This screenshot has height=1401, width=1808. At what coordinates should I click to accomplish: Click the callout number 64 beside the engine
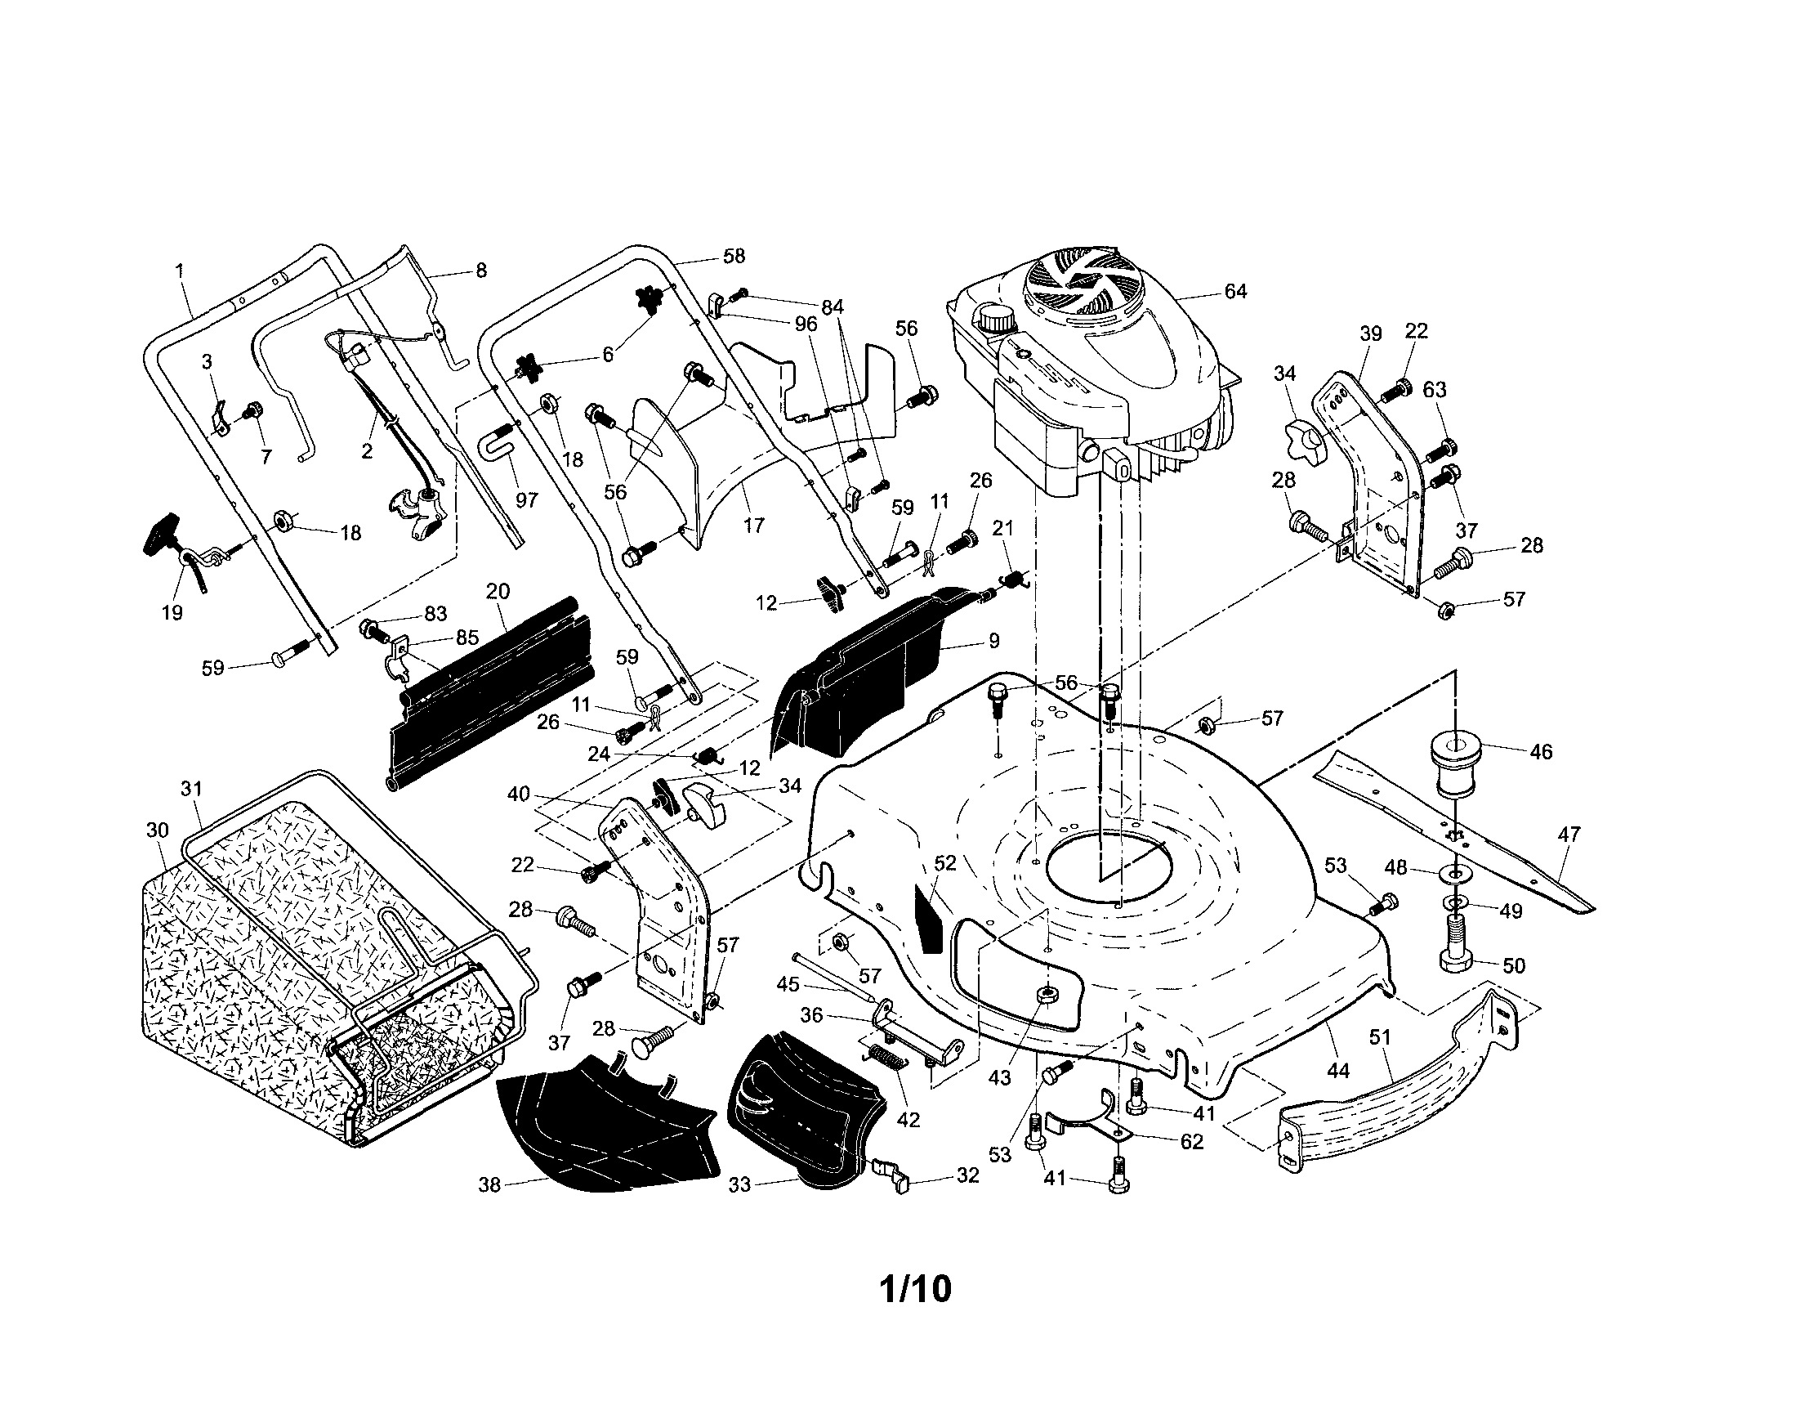[x=1235, y=292]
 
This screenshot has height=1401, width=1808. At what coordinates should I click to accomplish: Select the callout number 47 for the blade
[x=1569, y=835]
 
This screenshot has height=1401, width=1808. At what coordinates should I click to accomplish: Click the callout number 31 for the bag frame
[x=191, y=789]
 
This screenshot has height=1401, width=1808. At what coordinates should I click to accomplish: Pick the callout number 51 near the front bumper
[x=1380, y=1037]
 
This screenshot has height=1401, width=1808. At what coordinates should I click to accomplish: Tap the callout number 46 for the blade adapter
[x=1541, y=752]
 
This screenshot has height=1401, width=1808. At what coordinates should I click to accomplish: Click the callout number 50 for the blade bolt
[x=1513, y=965]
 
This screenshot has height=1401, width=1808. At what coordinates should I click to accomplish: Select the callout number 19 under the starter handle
[x=172, y=613]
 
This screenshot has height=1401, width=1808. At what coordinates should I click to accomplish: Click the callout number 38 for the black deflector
[x=490, y=1185]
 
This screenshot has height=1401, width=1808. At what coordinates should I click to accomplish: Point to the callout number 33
[x=739, y=1185]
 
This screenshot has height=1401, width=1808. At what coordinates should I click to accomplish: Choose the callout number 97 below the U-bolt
[x=526, y=500]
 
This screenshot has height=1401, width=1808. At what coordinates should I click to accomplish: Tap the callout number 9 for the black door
[x=994, y=640]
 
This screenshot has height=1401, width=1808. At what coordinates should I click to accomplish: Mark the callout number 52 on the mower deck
[x=944, y=863]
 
